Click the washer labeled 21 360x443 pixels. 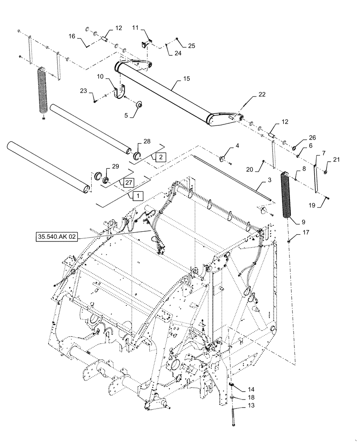[x=326, y=172]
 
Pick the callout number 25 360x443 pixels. [x=191, y=46]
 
